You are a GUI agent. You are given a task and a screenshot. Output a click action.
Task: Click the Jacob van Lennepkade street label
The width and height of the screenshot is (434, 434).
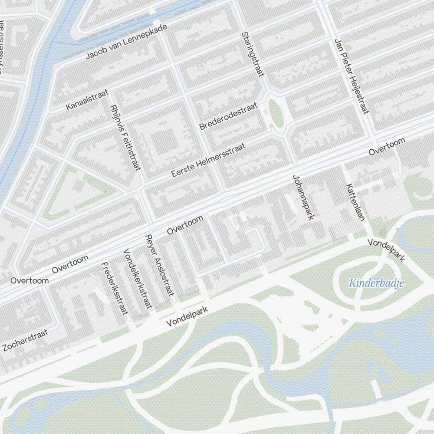[x=126, y=42]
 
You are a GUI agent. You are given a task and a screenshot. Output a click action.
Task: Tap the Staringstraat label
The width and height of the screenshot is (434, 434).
[x=253, y=54]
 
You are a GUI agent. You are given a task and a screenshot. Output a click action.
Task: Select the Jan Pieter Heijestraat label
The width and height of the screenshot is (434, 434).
[x=352, y=76]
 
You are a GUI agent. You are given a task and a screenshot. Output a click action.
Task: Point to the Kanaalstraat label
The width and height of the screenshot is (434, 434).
[x=87, y=101]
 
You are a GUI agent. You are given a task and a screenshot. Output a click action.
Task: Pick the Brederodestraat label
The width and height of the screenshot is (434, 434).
[x=228, y=116]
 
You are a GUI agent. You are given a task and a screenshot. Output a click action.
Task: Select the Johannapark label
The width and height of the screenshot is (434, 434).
[x=303, y=197]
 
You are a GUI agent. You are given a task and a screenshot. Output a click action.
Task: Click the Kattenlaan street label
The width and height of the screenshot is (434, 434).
[x=355, y=202]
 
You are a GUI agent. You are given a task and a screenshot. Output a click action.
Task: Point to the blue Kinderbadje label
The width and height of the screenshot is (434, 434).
[x=376, y=284]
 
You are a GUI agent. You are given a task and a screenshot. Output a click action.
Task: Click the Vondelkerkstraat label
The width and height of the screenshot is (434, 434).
[x=138, y=279]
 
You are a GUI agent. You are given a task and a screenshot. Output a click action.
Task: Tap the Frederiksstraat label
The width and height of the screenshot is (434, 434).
[x=115, y=288]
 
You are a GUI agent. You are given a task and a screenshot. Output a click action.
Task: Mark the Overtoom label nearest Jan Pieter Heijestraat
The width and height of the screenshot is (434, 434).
[x=387, y=147]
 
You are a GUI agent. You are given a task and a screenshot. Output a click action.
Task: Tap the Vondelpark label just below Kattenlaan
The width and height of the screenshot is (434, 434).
[x=386, y=250]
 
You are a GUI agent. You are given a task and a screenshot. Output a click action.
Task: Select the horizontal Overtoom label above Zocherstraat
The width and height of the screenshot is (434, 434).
[x=30, y=281]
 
